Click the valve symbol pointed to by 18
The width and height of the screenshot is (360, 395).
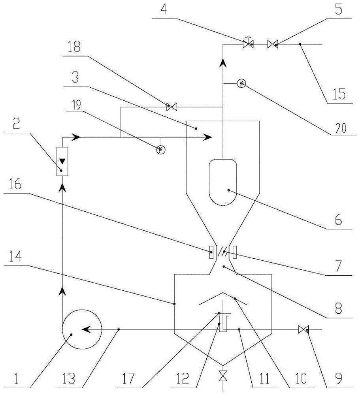(x=172, y=107)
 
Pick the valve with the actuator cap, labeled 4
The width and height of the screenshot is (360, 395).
(x=248, y=45)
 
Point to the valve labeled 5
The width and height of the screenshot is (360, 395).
(x=273, y=45)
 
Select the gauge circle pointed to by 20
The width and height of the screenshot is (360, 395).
(x=241, y=83)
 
